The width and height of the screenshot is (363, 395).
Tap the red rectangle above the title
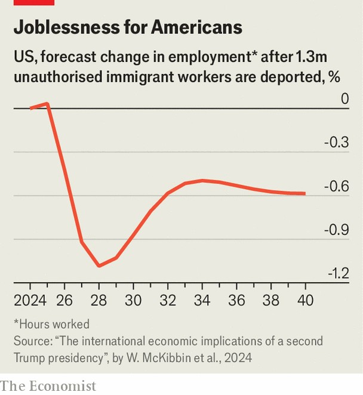pos(34,2)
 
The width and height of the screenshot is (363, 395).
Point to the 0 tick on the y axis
pos(344,98)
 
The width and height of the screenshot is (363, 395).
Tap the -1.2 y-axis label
pos(336,273)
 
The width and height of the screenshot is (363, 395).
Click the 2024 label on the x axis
pos(30,300)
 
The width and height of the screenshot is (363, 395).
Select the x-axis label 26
pos(64,300)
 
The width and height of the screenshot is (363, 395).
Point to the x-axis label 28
pos(99,300)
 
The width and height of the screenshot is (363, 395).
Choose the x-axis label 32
pos(168,300)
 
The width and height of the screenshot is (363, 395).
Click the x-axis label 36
pos(236,300)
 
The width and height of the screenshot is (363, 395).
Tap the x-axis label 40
pos(306,300)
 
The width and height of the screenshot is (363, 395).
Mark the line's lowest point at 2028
pos(99,266)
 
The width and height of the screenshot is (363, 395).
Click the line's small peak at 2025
pos(47,103)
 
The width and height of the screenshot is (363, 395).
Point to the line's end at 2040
pos(305,193)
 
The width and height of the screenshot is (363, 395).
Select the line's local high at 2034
pos(202,180)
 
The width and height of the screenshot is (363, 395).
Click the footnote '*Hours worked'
pos(52,324)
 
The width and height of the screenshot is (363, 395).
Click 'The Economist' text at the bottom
pos(48,386)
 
